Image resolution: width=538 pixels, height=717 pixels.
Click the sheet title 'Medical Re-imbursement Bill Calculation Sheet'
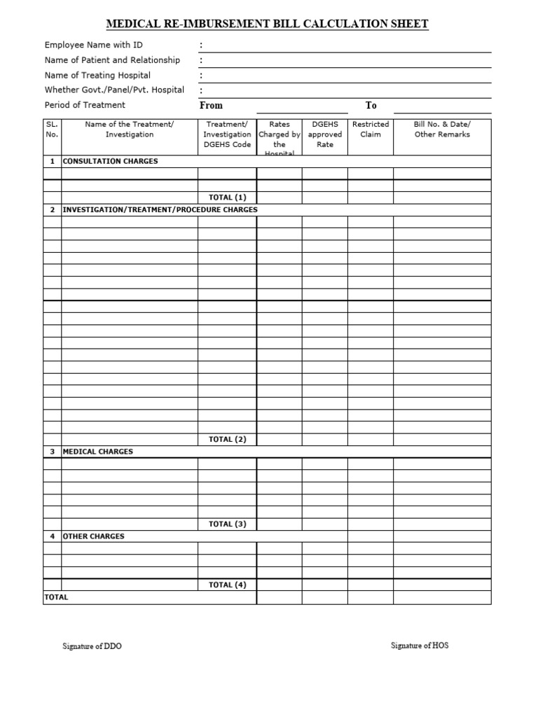[x=267, y=25]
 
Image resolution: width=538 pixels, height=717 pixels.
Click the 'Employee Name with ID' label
[x=93, y=45]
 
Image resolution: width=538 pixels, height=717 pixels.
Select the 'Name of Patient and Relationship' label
[x=112, y=60]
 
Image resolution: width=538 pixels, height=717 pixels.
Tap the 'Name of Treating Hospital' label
[x=97, y=75]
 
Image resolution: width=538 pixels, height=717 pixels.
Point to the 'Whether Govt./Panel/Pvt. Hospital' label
[x=114, y=90]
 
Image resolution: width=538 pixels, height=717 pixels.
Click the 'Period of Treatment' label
[x=85, y=105]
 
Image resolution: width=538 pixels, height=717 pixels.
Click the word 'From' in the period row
[x=211, y=106]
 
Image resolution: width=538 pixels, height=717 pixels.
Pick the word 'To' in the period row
[x=371, y=106]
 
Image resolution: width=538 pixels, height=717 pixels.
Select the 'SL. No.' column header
[x=52, y=130]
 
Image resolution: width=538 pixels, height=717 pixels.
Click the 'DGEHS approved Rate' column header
[x=324, y=134]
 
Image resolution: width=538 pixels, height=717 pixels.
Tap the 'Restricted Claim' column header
[x=370, y=130]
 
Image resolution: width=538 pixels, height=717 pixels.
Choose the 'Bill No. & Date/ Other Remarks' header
[x=442, y=130]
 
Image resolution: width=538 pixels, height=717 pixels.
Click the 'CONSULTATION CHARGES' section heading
[x=111, y=161]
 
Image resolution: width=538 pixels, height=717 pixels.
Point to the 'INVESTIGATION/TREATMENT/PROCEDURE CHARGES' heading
[x=160, y=210]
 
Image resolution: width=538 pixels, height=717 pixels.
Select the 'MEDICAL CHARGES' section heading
[x=98, y=452]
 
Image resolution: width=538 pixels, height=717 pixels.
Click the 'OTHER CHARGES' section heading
[x=94, y=536]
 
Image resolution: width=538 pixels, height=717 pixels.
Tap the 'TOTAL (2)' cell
[x=227, y=440]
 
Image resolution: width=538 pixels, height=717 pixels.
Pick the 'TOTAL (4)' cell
[x=227, y=585]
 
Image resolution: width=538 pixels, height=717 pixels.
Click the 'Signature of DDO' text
[x=92, y=646]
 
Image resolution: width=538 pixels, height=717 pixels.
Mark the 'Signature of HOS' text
[x=420, y=646]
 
